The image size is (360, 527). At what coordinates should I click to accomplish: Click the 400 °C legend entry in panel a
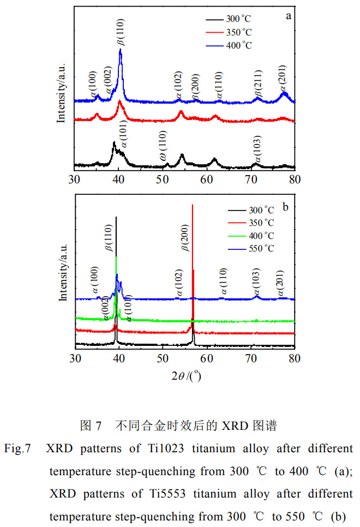tap(238, 45)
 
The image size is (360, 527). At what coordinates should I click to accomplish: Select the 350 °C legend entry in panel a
tap(238, 32)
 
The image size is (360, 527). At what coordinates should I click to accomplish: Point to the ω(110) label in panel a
tap(163, 149)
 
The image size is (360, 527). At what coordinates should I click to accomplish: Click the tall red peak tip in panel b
tap(193, 205)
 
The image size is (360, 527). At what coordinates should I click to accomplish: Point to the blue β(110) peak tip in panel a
tap(120, 50)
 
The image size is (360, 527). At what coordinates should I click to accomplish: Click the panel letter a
tap(288, 16)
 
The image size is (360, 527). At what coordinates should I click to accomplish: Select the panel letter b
tap(285, 206)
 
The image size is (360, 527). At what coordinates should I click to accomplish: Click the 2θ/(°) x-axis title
tap(185, 375)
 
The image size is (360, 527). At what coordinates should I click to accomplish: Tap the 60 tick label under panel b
tap(206, 358)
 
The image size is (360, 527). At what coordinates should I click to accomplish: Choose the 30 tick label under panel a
tap(75, 179)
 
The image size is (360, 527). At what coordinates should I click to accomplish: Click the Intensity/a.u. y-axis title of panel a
tap(62, 92)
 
